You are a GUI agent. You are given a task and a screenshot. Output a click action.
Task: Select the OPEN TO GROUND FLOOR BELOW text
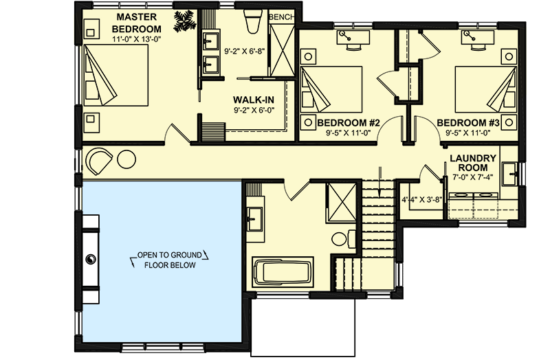tap(165, 260)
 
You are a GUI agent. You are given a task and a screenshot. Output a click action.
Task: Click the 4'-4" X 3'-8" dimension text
tap(421, 200)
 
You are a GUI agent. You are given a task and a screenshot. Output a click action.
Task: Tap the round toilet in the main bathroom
tap(340, 240)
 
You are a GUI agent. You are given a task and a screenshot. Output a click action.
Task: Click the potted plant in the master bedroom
tap(184, 21)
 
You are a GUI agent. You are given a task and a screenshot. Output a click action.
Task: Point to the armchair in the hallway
tap(99, 161)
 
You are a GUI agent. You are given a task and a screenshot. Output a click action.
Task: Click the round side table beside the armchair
tap(126, 159)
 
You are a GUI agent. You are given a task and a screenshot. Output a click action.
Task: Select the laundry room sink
tap(509, 172)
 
